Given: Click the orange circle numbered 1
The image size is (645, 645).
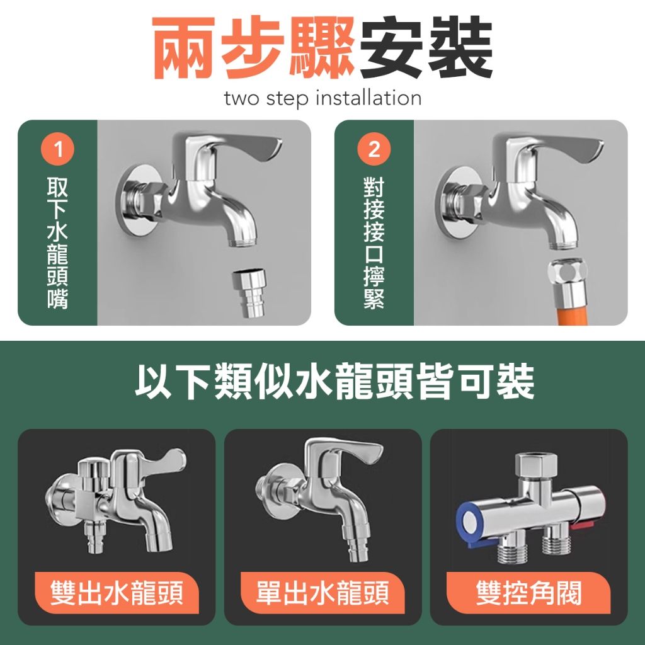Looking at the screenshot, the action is (x=57, y=149).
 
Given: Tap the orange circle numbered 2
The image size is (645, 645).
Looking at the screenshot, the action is (x=374, y=149).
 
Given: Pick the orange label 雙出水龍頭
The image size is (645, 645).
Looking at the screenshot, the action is (x=117, y=593).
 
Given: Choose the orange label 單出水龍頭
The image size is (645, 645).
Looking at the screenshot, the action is (x=322, y=593).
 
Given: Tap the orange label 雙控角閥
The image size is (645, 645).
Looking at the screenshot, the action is (x=528, y=593).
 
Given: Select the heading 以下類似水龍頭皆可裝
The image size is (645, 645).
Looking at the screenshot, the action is (x=334, y=381).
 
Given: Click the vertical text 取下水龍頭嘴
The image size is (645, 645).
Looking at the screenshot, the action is (x=57, y=243).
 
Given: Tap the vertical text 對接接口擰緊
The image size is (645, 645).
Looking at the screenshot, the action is (x=374, y=243).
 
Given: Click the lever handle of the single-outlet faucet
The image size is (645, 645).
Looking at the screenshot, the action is (x=346, y=452).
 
